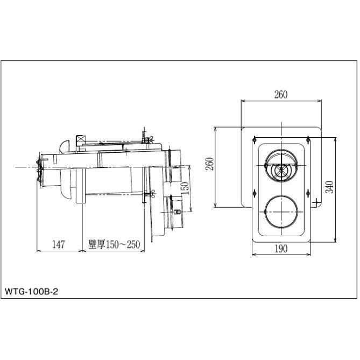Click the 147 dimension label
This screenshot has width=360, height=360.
[59, 244]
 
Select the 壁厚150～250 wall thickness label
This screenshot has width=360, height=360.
[114, 244]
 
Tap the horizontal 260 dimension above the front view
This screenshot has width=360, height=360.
[281, 95]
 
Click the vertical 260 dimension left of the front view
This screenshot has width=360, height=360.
[210, 164]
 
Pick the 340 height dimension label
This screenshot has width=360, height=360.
[329, 187]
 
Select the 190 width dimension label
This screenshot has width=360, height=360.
[281, 249]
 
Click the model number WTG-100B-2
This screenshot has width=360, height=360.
[31, 292]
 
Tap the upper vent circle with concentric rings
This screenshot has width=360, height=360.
[281, 166]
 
